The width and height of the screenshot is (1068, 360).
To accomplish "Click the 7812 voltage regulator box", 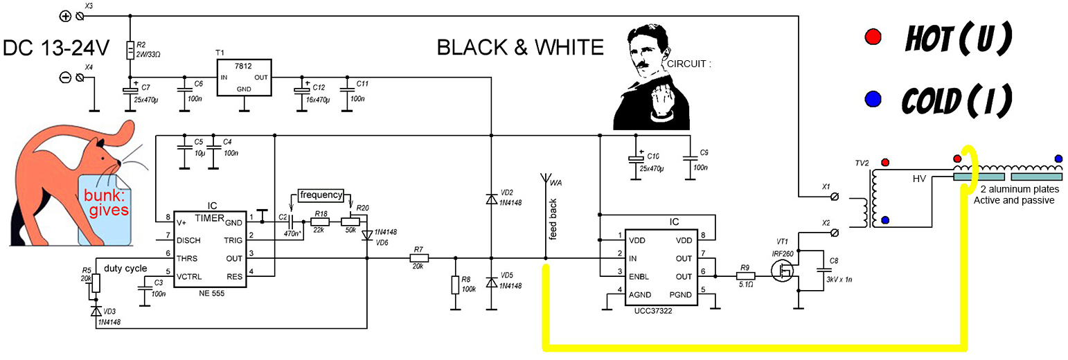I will click(244, 76).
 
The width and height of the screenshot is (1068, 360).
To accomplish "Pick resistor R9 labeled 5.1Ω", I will click(745, 276).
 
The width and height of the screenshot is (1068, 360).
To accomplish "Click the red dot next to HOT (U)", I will click(873, 37).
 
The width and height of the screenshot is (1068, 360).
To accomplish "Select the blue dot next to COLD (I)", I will click(873, 99).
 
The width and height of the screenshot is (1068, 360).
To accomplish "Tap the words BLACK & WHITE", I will click(520, 47).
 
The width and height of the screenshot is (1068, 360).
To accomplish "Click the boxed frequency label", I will click(321, 195).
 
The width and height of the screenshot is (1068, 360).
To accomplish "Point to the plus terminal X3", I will click(66, 16).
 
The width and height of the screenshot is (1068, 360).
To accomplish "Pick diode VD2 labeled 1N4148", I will click(491, 199).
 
